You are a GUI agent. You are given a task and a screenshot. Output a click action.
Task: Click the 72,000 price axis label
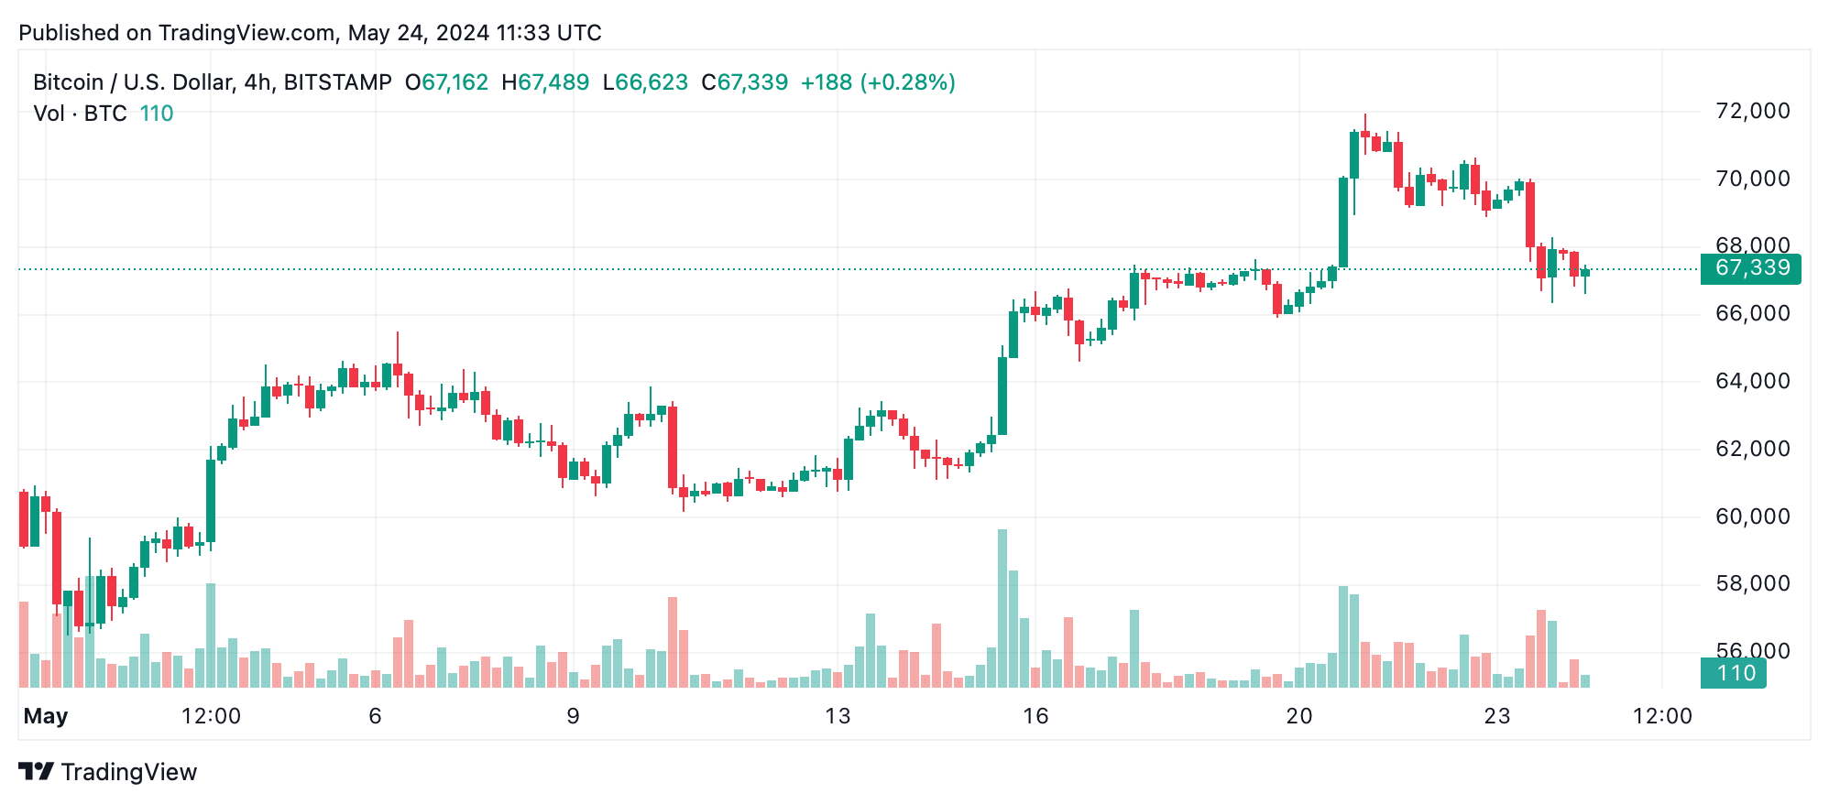1752,112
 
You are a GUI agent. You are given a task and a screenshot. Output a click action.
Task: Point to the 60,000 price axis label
1752,516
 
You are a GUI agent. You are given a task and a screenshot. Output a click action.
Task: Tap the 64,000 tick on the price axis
1752,381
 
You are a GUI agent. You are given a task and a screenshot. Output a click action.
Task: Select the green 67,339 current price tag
1750,268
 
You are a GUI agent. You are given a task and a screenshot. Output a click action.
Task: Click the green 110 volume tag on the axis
1734,673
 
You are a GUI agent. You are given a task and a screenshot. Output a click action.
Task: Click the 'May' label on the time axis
46,716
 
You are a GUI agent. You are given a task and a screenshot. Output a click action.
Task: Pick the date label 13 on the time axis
838,716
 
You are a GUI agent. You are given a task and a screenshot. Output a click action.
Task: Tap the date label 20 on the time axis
1299,716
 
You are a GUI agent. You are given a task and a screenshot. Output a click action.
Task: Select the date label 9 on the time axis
573,716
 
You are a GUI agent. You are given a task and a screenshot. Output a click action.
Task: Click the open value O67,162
447,82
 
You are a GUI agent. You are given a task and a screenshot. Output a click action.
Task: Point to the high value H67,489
545,82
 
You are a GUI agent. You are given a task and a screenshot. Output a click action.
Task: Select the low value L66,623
645,82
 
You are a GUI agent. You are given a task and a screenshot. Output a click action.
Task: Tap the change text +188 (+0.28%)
878,82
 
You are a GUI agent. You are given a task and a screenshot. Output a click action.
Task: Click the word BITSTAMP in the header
337,82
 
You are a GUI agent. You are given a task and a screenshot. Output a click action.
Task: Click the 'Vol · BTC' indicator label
80,114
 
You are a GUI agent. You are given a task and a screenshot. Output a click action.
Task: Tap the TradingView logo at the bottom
108,772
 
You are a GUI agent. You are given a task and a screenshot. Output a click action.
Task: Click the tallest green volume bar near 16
1002,608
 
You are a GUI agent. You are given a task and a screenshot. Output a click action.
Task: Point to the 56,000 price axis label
1752,651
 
